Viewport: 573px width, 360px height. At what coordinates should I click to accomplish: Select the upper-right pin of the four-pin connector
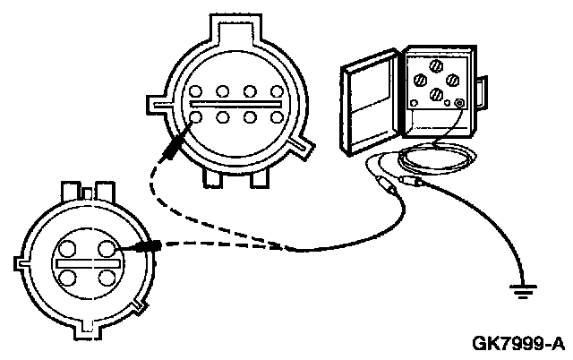[x=107, y=247]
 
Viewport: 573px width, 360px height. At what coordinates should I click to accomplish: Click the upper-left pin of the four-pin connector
[x=68, y=247]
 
